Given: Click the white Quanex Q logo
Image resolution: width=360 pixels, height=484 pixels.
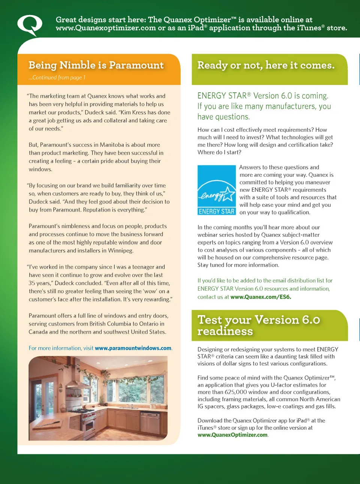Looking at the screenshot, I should (x=29, y=25).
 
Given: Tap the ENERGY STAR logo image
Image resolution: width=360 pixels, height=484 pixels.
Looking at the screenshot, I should (x=216, y=190).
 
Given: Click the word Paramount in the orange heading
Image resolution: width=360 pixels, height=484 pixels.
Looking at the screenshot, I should (x=136, y=65).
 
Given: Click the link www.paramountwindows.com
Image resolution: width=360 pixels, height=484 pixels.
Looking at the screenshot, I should (x=133, y=348).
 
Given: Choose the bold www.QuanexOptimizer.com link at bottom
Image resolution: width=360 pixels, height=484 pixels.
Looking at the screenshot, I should (x=232, y=435).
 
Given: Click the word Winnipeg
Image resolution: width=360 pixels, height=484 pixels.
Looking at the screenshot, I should (x=120, y=251).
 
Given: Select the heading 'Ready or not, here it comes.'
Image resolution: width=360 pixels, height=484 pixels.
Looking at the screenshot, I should (x=266, y=65).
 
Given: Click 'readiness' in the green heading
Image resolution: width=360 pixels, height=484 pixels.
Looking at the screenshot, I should (x=225, y=331).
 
